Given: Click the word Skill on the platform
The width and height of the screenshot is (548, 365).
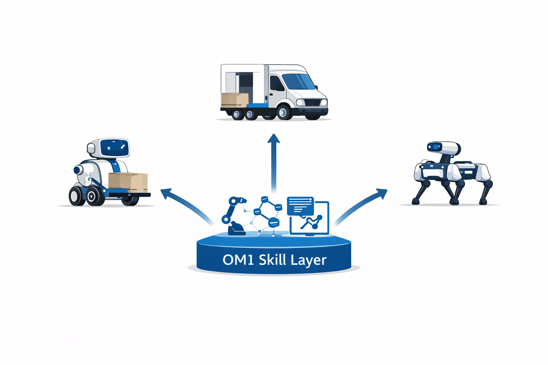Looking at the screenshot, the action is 273,259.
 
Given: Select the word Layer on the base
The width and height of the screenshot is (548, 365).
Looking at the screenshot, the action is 309,260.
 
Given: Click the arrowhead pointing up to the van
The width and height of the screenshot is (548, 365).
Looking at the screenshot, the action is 274,139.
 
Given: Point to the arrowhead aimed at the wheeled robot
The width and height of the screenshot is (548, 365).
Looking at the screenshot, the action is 166,194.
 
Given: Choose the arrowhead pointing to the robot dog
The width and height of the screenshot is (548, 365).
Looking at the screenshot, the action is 382,194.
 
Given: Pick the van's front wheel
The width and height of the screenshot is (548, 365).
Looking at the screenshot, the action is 284,112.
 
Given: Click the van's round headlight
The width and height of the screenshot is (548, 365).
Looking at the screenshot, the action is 300,103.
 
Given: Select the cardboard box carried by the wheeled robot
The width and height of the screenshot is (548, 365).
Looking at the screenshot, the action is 128,181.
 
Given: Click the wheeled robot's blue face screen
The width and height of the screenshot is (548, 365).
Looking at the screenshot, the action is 114,147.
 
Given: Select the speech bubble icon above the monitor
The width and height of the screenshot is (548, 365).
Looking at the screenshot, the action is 300,206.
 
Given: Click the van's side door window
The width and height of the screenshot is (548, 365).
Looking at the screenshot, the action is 276,83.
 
